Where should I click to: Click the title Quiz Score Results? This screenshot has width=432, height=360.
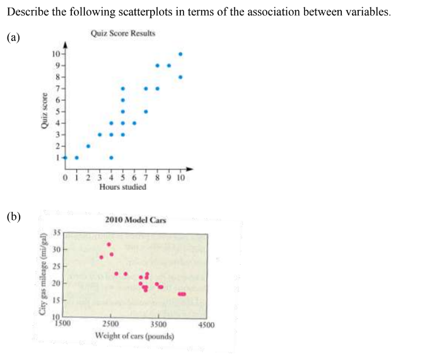click(123, 33)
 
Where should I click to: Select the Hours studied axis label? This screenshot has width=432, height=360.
click(123, 187)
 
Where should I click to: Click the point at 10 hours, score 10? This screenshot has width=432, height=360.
click(180, 54)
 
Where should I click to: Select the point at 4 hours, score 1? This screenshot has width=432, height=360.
click(111, 158)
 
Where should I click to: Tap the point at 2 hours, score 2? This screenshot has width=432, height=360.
click(88, 146)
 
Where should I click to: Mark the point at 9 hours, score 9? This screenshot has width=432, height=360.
click(168, 66)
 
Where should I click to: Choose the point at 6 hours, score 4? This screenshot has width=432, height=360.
click(134, 123)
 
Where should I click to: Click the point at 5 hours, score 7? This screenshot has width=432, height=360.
click(123, 88)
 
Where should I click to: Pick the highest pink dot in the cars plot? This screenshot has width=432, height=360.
click(109, 244)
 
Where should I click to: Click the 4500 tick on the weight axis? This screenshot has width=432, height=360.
click(207, 325)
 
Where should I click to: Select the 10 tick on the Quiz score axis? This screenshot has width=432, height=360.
click(55, 54)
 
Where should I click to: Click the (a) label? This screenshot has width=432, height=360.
click(13, 37)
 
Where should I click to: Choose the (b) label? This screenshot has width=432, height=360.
click(13, 218)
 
